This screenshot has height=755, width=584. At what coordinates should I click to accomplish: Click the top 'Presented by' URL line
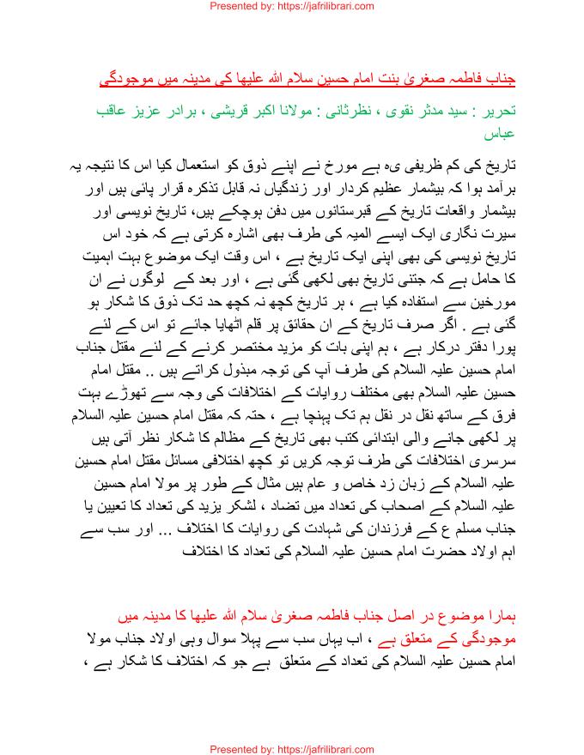[x=291, y=6]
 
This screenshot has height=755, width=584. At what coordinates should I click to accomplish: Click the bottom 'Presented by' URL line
[x=291, y=747]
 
